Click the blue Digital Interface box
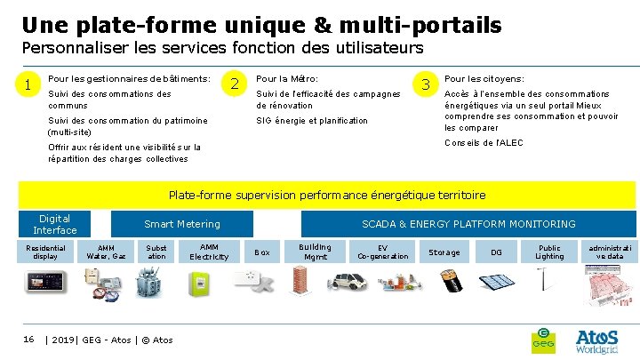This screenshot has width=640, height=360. tap(55, 224)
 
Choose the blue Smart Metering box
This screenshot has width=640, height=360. tap(182, 224)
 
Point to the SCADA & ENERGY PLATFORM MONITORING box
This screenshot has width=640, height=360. tap(468, 224)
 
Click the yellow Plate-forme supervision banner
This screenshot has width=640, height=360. tap(328, 195)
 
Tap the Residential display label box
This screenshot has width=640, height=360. tap(45, 252)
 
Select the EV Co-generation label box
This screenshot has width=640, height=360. tap(382, 252)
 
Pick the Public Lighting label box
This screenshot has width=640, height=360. tap(550, 252)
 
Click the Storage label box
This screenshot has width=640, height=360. tap(444, 252)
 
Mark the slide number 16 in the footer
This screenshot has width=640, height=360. tap(28, 339)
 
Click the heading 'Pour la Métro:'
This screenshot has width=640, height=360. tap(287, 79)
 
